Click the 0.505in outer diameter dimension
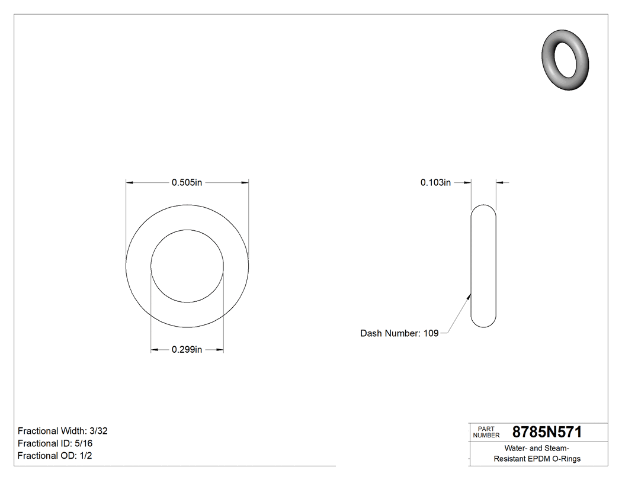click(x=187, y=183)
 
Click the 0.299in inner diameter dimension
click(x=187, y=350)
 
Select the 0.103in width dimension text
click(x=435, y=183)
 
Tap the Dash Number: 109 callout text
click(x=399, y=333)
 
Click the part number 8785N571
click(x=546, y=432)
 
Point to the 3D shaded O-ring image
click(x=566, y=59)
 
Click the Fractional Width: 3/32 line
click(x=62, y=431)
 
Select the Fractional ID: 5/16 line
click(x=55, y=443)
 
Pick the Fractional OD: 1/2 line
click(x=54, y=456)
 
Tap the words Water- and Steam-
click(x=537, y=448)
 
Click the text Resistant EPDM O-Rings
click(x=537, y=459)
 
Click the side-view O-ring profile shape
click(x=483, y=266)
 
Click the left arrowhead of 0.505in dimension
click(x=130, y=183)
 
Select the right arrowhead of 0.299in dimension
click(x=220, y=350)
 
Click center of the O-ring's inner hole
click(x=187, y=266)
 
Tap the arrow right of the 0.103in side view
click(x=500, y=183)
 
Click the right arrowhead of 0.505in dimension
click(x=245, y=183)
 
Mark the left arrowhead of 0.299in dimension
click(x=155, y=350)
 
